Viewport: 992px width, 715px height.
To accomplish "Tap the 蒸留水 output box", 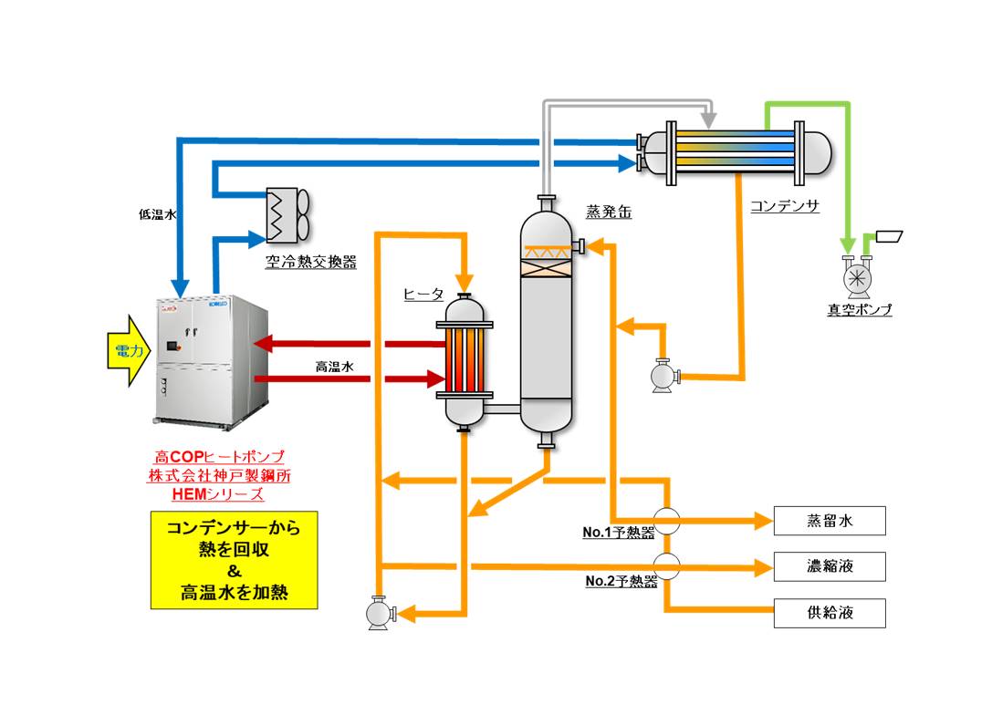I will pyautogui.click(x=830, y=521).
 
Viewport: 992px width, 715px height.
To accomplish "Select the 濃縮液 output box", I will pyautogui.click(x=830, y=566).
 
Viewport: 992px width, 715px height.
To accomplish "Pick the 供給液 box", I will pyautogui.click(x=830, y=612).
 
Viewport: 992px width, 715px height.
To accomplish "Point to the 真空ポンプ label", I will pyautogui.click(x=859, y=310).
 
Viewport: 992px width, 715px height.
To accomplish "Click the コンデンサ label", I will pyautogui.click(x=784, y=206).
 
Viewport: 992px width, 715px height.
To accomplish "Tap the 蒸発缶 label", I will pyautogui.click(x=609, y=212).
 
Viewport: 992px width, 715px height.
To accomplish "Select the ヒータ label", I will pyautogui.click(x=423, y=294).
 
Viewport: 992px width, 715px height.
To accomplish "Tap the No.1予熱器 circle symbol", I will pyautogui.click(x=668, y=521).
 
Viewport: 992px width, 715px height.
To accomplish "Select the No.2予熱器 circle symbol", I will pyautogui.click(x=668, y=566).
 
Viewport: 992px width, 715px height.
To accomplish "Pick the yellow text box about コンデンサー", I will pyautogui.click(x=234, y=560).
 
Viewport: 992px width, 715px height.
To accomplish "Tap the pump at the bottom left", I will pyautogui.click(x=378, y=612).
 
